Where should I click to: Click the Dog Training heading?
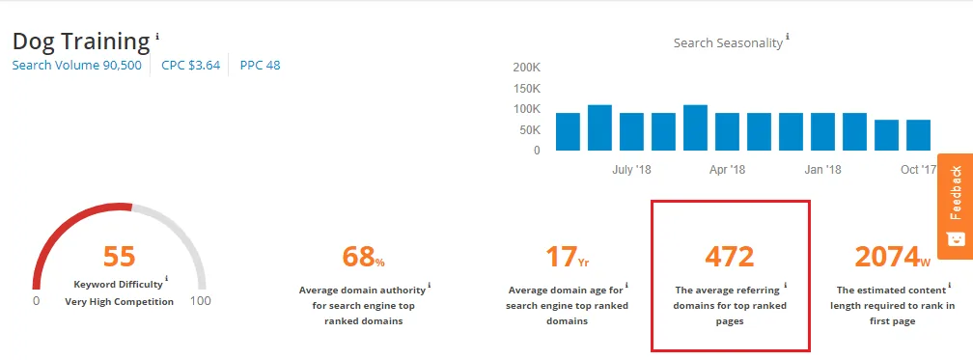(x=81, y=42)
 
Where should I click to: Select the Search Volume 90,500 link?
(x=76, y=66)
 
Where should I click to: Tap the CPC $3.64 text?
(x=190, y=66)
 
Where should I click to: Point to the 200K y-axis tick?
(x=526, y=69)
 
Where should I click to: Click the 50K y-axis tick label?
(x=530, y=129)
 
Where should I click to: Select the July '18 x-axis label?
(x=633, y=170)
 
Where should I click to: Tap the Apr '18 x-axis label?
(x=727, y=170)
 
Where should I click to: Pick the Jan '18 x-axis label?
(x=822, y=170)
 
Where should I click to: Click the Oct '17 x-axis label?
(x=918, y=170)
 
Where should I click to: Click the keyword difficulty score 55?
(x=119, y=256)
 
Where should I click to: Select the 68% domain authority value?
(x=363, y=257)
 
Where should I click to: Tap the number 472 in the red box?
(x=729, y=257)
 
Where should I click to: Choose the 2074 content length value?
(x=893, y=257)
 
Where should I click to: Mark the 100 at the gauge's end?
(x=201, y=301)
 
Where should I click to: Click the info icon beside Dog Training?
(x=157, y=36)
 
